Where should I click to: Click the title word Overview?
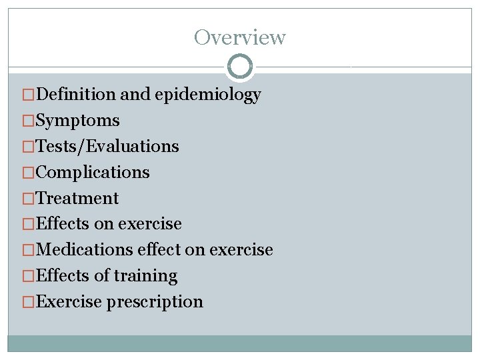coord(240,37)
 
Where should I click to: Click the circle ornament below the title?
coord(240,66)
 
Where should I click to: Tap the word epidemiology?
coord(207,95)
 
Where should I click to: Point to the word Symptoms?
coord(77,121)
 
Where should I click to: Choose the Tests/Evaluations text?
coord(107,146)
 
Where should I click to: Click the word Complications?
coord(92,172)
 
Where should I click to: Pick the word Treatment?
coord(77,198)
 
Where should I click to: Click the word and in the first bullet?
coord(135,95)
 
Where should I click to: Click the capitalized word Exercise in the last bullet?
coord(69,301)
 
